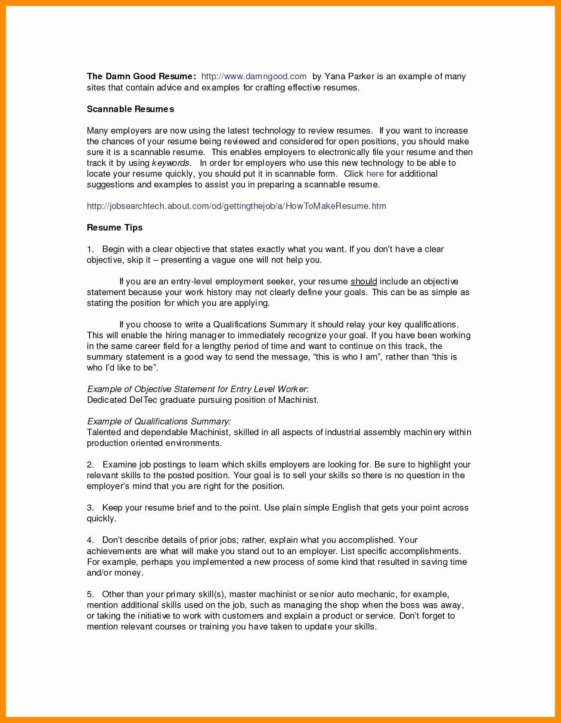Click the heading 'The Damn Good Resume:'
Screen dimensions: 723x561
(142, 77)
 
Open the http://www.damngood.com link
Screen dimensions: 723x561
(254, 77)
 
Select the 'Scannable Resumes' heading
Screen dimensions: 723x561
(130, 109)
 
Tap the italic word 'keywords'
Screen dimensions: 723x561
(170, 163)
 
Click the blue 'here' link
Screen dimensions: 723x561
(375, 174)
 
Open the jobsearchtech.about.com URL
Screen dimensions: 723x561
(236, 206)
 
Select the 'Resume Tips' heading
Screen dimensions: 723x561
(115, 227)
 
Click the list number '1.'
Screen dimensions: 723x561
(90, 249)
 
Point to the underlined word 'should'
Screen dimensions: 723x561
(364, 281)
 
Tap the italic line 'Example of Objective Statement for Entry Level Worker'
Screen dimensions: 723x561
(197, 389)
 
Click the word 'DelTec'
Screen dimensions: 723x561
(143, 400)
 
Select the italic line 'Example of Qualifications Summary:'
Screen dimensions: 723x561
(158, 421)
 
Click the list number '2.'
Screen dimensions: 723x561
(90, 464)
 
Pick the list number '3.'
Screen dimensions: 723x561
(90, 508)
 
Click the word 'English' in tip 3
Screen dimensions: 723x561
(346, 508)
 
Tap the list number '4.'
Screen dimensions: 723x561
(90, 540)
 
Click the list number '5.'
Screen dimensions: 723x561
(90, 594)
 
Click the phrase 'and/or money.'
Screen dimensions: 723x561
(115, 573)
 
